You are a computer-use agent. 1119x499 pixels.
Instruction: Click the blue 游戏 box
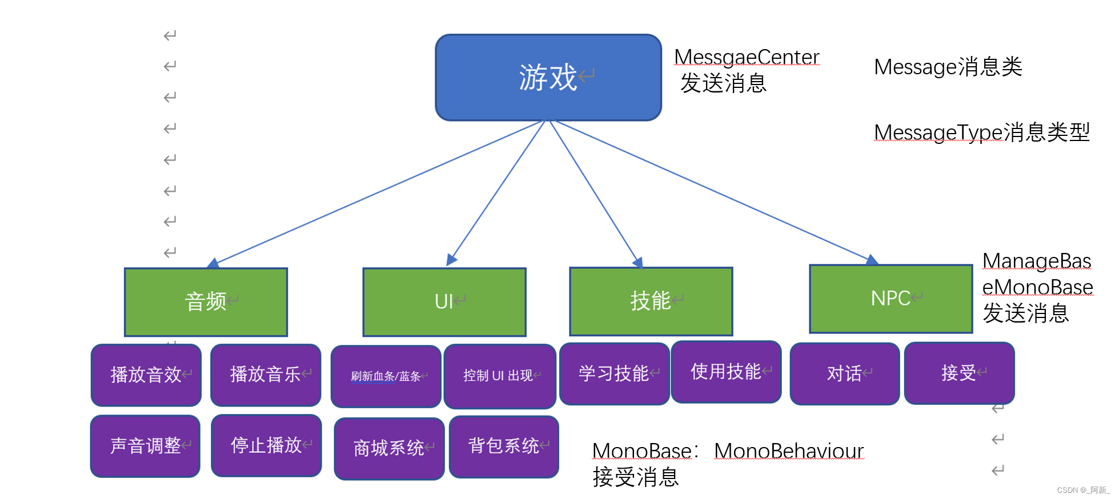click(548, 78)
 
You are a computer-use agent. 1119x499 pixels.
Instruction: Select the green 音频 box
click(206, 302)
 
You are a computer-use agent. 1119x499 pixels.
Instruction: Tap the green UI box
click(444, 302)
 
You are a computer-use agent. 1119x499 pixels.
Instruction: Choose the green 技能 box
click(651, 301)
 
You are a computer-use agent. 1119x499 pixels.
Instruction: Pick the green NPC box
click(891, 299)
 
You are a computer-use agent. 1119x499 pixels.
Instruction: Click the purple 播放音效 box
click(146, 375)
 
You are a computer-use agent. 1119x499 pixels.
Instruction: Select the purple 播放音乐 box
click(266, 375)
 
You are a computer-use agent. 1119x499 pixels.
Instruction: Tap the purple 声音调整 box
click(146, 446)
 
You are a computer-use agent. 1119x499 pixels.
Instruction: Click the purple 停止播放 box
click(266, 445)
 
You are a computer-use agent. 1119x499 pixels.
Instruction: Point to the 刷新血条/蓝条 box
click(386, 376)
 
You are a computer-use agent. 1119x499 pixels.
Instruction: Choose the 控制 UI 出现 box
click(500, 376)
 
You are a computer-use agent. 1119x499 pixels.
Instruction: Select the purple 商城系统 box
click(389, 448)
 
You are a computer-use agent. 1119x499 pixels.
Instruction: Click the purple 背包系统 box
click(504, 446)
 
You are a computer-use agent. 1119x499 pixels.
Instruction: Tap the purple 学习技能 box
click(614, 373)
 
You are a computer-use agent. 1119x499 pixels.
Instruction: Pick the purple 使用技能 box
click(726, 372)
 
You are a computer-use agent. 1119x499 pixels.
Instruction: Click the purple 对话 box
click(845, 373)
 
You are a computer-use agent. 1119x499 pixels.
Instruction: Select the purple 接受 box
click(959, 373)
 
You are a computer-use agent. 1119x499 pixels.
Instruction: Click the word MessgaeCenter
click(747, 57)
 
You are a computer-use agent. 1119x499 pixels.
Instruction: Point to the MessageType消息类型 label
click(981, 132)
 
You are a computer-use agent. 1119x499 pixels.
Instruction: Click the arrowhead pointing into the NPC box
click(872, 260)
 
